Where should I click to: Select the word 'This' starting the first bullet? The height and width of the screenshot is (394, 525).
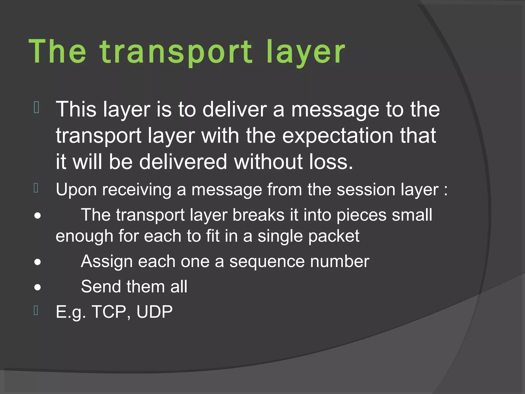[x=76, y=110]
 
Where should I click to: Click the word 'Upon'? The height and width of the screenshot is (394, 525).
[x=76, y=190]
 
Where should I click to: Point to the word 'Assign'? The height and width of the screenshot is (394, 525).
[x=107, y=262]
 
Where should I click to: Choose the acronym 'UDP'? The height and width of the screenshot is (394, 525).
[x=154, y=312]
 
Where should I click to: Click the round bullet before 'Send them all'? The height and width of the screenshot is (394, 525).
[x=37, y=288]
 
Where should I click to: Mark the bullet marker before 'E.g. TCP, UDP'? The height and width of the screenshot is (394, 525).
[x=36, y=310]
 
